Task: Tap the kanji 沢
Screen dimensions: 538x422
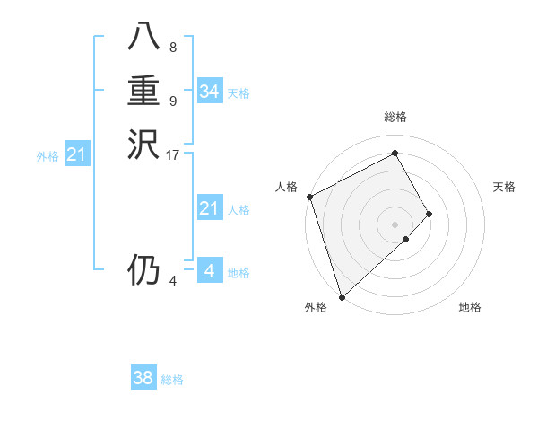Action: (144, 144)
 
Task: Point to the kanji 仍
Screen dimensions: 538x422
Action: (144, 269)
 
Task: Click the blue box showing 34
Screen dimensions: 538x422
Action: (210, 92)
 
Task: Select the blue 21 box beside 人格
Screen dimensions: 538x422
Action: (210, 209)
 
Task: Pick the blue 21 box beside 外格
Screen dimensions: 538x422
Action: (77, 155)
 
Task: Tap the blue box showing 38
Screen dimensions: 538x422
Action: (143, 378)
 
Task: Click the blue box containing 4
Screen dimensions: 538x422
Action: (210, 271)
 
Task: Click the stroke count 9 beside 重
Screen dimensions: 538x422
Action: (173, 101)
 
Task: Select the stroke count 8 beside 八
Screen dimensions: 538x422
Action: (173, 48)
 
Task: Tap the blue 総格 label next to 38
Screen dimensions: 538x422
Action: (172, 380)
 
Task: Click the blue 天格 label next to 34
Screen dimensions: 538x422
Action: (239, 93)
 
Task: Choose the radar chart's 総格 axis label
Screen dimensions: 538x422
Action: (395, 117)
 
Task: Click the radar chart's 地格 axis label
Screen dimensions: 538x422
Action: (470, 307)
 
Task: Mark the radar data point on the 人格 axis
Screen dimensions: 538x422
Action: (309, 197)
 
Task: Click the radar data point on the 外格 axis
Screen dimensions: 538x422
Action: (342, 296)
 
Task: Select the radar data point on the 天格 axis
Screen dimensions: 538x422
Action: (430, 214)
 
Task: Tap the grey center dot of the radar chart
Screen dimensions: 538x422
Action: (395, 224)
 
